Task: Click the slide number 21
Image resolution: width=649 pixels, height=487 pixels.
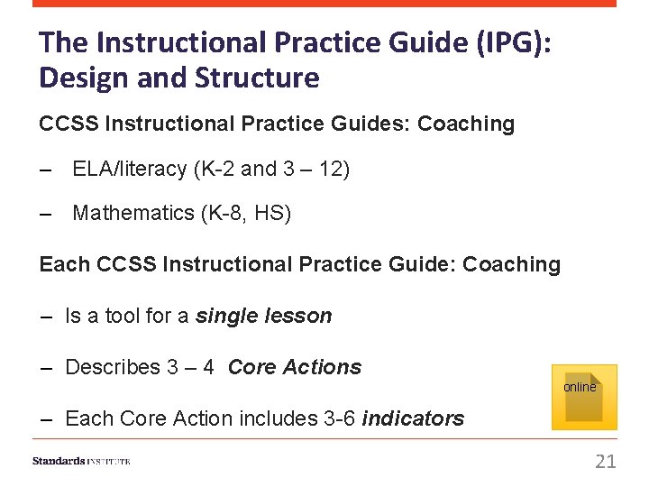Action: pos(606,462)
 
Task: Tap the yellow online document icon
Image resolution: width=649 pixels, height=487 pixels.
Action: pos(584,397)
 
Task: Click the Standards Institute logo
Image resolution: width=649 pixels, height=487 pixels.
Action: pos(81,461)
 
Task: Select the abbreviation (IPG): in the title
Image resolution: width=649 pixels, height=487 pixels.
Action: pos(505,42)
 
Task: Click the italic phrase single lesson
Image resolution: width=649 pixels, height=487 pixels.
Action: pos(264,316)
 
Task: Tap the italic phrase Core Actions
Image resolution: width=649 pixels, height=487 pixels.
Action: pos(295,367)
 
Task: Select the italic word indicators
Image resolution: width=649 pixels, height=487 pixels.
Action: pos(413,418)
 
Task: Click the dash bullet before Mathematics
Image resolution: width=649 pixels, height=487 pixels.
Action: pos(46,214)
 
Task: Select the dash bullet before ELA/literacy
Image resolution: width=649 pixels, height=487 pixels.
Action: pos(46,170)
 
